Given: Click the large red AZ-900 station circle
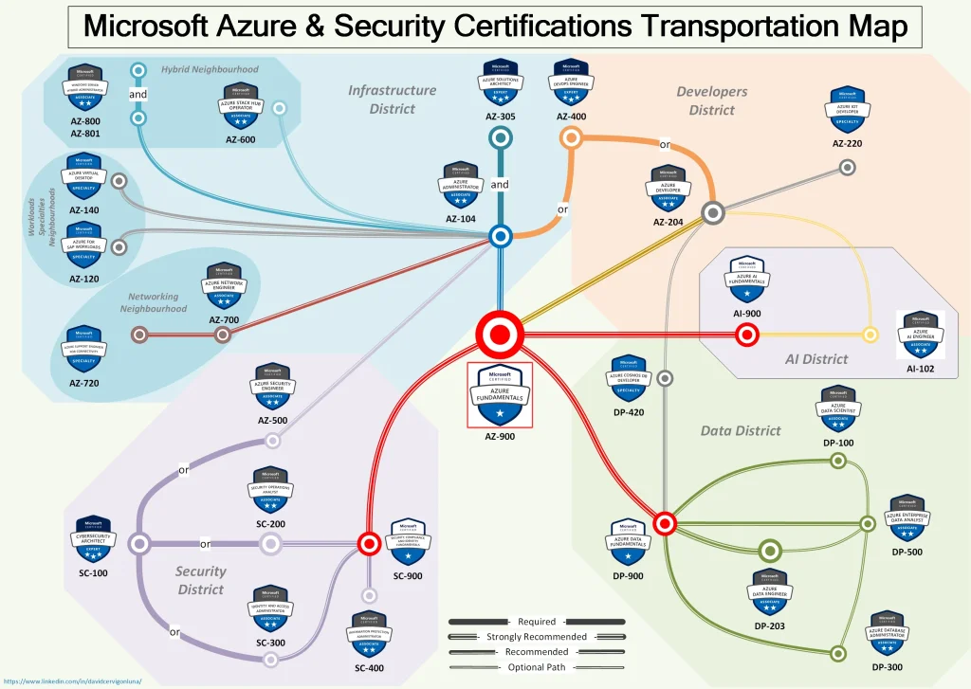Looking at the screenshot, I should (x=499, y=333).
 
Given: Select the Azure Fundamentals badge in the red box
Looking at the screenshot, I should (x=500, y=395).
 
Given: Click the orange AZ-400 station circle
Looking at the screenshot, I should (x=571, y=139).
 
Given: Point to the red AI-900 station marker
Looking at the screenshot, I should (x=747, y=334).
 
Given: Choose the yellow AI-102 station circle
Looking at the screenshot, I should (x=870, y=335).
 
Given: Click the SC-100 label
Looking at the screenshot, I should (x=93, y=573).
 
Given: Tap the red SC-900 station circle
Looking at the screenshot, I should (x=369, y=543).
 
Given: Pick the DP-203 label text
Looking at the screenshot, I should (x=769, y=626).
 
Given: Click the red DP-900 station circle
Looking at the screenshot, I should (x=665, y=522).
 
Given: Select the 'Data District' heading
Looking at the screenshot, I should (x=741, y=431).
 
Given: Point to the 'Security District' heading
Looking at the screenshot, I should (x=200, y=580).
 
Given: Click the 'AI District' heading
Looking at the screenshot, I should (x=816, y=359).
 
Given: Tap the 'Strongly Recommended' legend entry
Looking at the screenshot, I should (x=537, y=637).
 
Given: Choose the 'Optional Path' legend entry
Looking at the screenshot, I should (x=537, y=667).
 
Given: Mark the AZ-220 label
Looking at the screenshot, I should (x=847, y=143).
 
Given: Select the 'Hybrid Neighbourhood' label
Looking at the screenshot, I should (x=210, y=69).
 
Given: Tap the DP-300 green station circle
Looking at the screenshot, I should (x=838, y=654).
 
